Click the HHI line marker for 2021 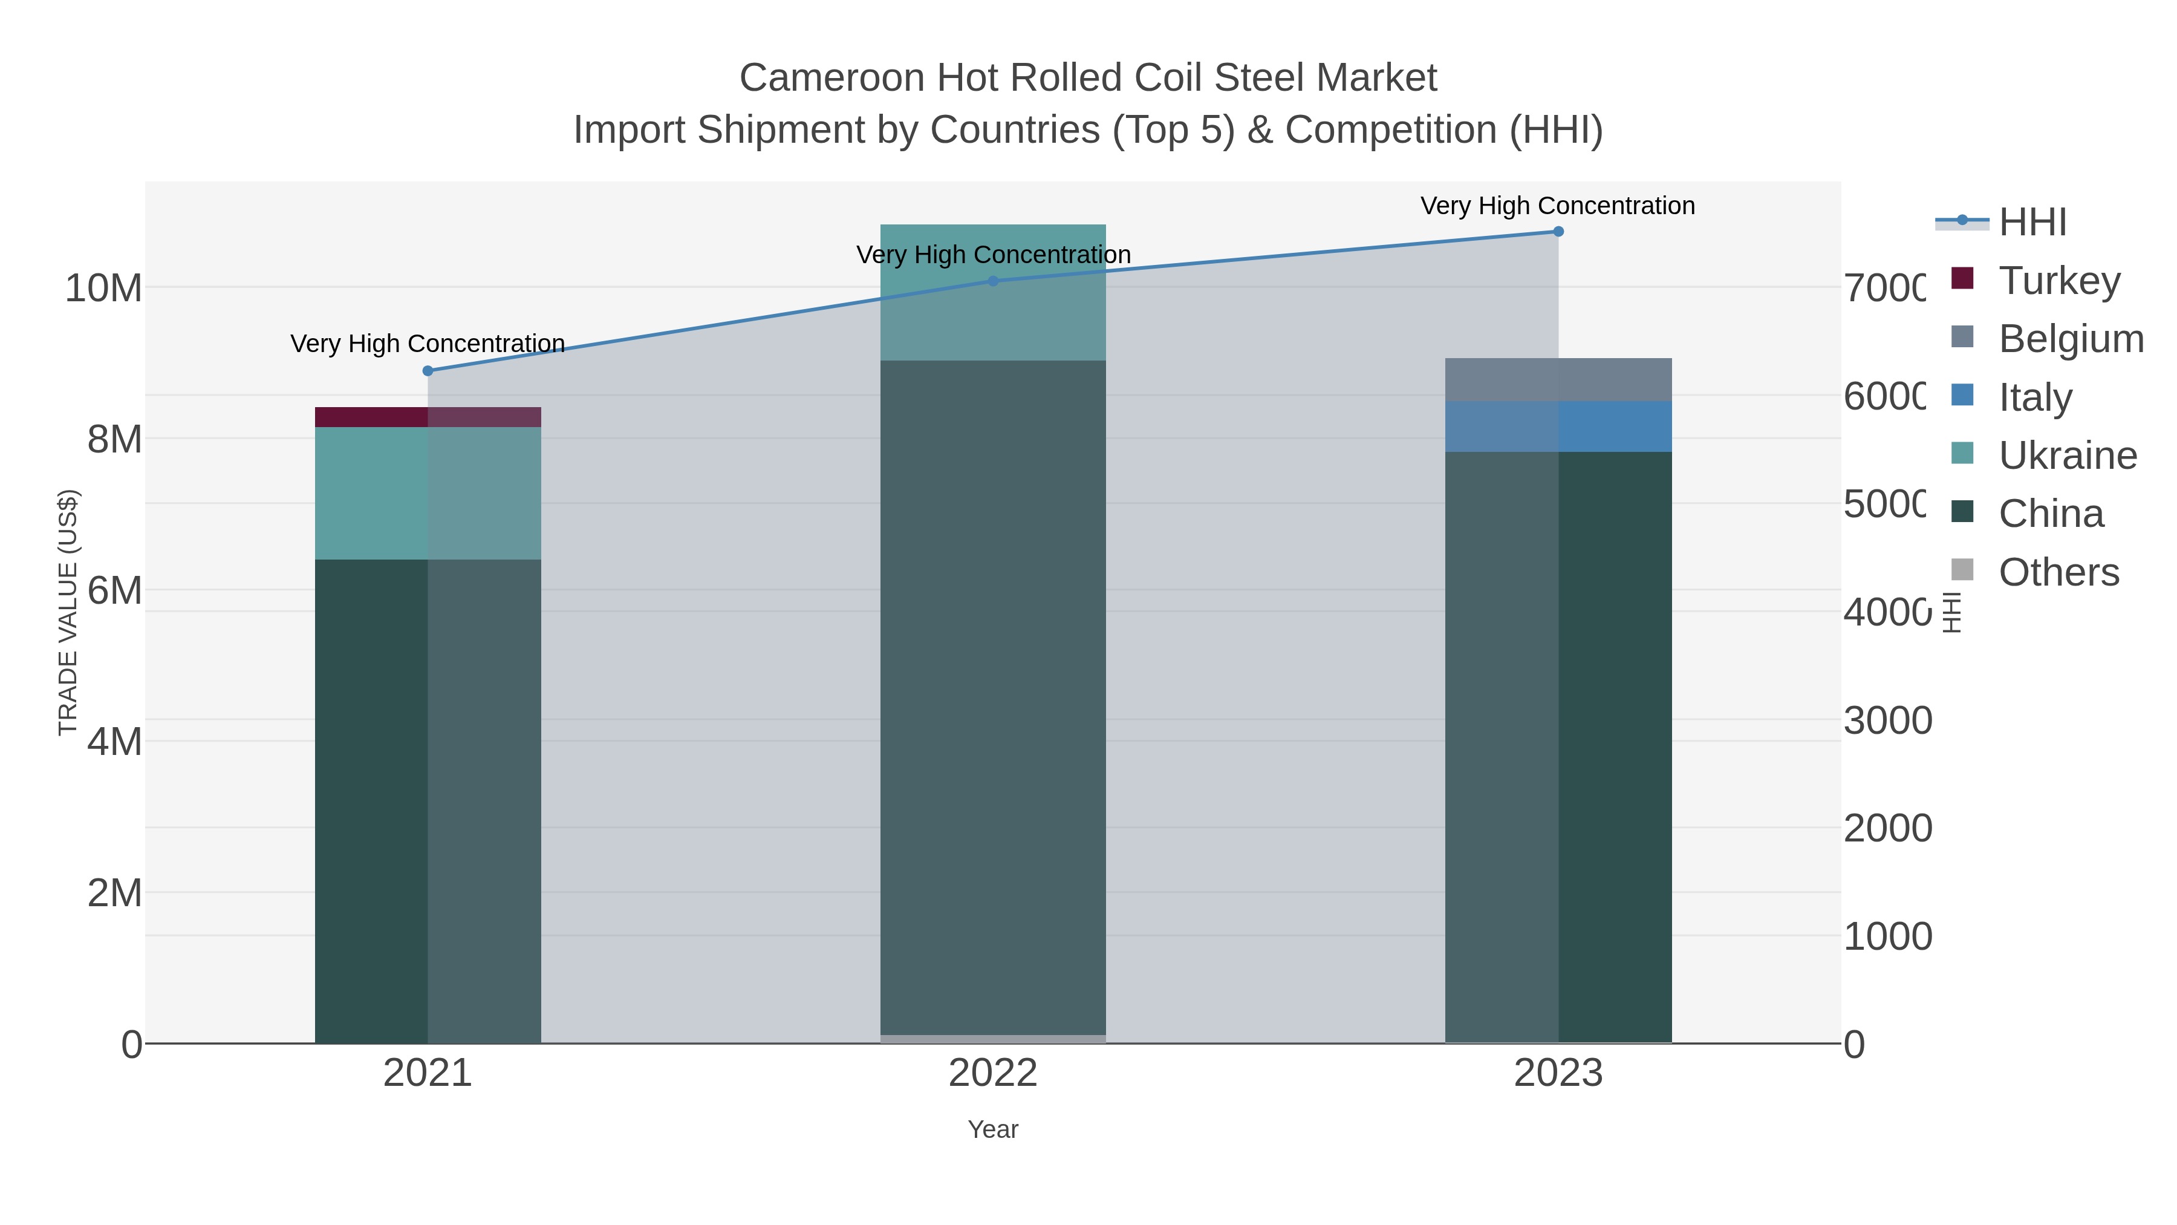(x=428, y=370)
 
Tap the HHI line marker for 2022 (x=993, y=281)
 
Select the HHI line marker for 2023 (x=1558, y=232)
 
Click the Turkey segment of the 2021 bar (x=428, y=417)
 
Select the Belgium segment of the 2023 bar (x=1558, y=379)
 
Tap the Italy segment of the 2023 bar (x=1558, y=426)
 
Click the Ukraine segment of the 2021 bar (x=428, y=493)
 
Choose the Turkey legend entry (x=2058, y=280)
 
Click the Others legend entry (x=2058, y=572)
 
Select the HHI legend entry (x=2032, y=221)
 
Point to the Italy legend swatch (x=1962, y=395)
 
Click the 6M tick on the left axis (x=114, y=590)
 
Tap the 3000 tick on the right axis (x=1887, y=720)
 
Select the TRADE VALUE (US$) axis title (x=68, y=612)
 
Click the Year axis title (x=993, y=1129)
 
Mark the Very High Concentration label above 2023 (x=1558, y=206)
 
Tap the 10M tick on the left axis (x=103, y=289)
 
